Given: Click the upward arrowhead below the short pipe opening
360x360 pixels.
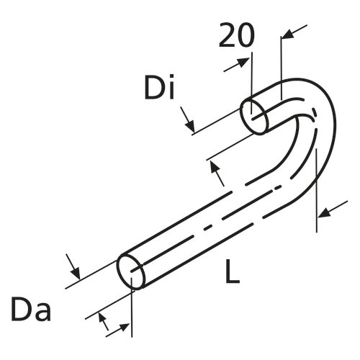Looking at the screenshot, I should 214,167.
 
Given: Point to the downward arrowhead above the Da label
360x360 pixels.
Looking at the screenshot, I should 73,271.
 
